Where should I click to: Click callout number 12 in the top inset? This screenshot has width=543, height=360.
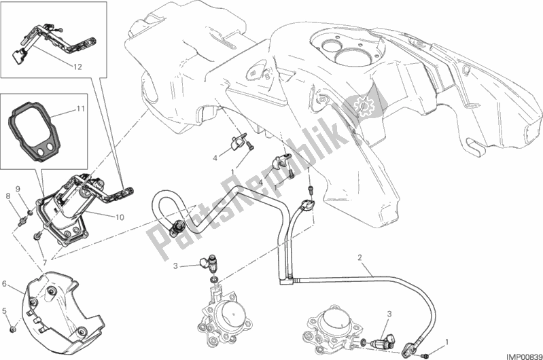pyautogui.click(x=78, y=67)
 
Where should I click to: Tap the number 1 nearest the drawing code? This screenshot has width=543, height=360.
pyautogui.click(x=446, y=342)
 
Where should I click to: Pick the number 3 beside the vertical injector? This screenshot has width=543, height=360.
pyautogui.click(x=174, y=266)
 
